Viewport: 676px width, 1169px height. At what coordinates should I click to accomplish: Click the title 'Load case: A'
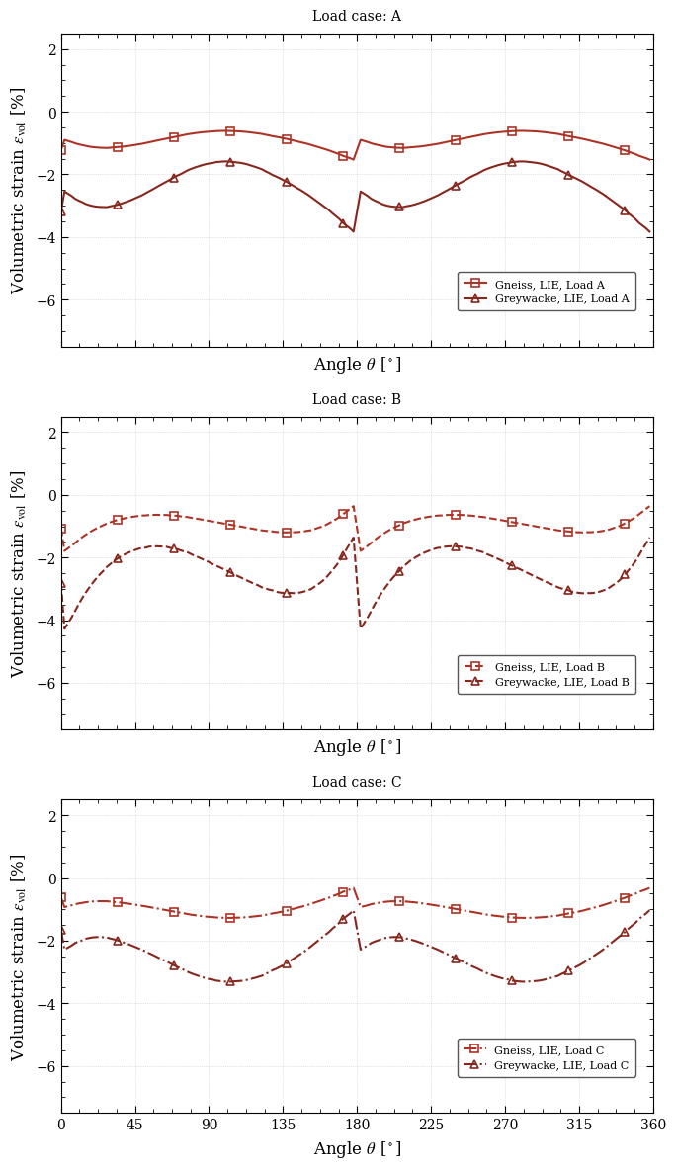[x=357, y=17]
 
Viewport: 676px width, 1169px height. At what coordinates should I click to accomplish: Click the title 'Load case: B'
[x=357, y=400]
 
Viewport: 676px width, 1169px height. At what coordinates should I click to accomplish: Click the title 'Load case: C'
[x=357, y=783]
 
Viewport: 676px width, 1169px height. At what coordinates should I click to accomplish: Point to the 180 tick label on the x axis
[x=357, y=1125]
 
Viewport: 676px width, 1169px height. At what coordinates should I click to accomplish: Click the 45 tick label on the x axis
[x=135, y=1125]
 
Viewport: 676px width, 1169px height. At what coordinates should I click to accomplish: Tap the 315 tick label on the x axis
[x=579, y=1125]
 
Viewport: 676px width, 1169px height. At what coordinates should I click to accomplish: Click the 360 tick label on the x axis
[x=652, y=1125]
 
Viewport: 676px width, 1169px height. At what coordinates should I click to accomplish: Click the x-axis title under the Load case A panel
[x=357, y=365]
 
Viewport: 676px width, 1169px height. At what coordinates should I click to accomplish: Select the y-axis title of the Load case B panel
[x=19, y=573]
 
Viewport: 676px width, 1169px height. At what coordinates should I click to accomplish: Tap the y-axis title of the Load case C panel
[x=19, y=957]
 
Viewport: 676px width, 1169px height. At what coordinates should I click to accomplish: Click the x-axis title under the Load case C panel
[x=357, y=1149]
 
